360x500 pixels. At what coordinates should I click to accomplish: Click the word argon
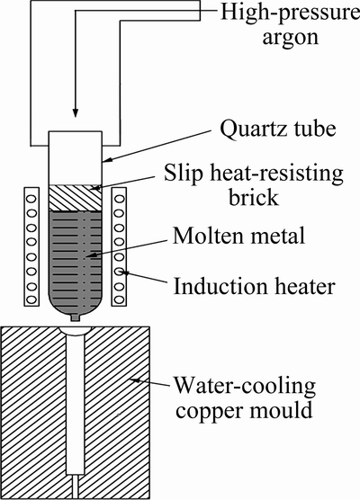(291, 38)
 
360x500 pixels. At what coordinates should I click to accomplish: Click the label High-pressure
(290, 13)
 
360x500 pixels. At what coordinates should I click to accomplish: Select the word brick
(254, 197)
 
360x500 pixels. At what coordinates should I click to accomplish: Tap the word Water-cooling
(245, 386)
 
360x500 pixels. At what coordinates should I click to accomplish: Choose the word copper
(210, 411)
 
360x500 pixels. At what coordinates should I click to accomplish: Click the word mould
(281, 409)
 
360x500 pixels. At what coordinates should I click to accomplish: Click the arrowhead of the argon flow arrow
(76, 113)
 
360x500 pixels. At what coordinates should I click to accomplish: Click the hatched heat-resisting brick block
(76, 198)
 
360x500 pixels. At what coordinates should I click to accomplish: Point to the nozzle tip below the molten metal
(76, 317)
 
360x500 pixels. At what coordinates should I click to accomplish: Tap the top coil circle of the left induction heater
(31, 199)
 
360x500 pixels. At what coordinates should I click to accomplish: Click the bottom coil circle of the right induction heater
(119, 300)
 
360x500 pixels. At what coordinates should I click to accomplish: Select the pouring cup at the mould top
(76, 331)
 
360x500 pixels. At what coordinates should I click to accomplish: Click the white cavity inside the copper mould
(76, 405)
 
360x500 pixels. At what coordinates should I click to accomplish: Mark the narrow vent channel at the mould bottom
(76, 487)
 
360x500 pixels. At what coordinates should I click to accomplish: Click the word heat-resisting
(275, 174)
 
